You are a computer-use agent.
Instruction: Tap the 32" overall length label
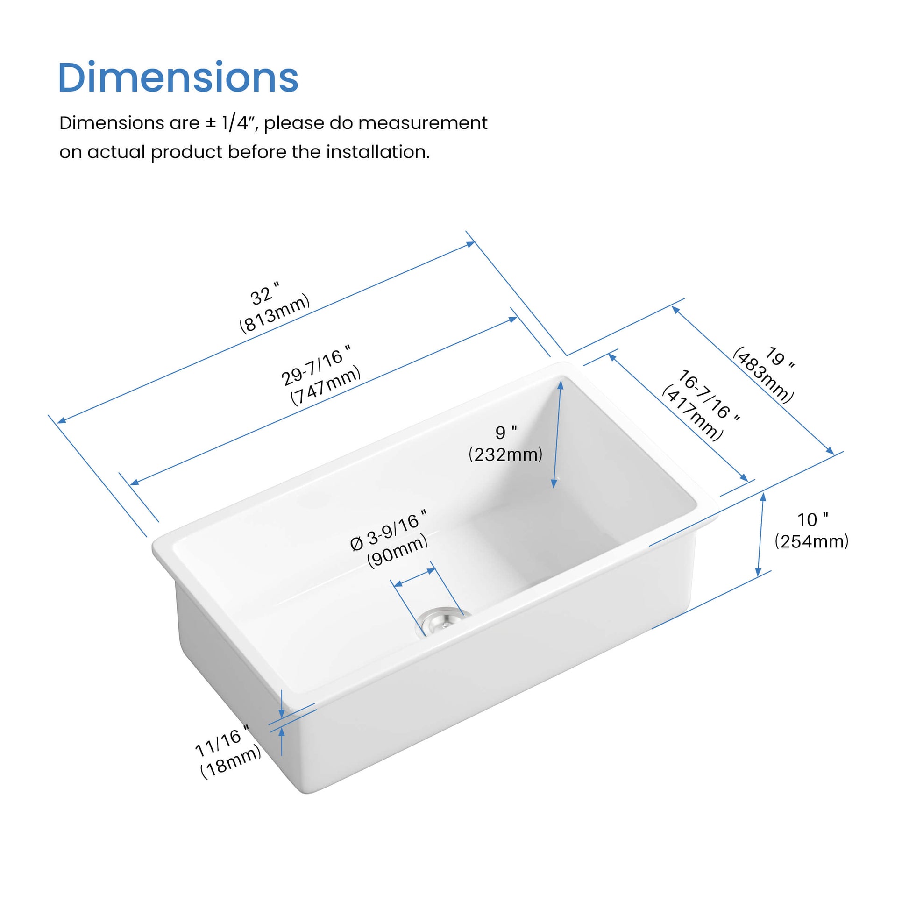[265, 294]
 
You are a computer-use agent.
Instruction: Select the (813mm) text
[275, 313]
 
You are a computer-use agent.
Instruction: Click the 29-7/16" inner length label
[316, 366]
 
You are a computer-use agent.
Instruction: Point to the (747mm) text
[326, 385]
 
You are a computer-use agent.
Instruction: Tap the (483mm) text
[763, 375]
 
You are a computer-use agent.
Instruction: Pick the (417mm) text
[692, 413]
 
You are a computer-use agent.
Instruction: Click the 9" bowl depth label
[506, 432]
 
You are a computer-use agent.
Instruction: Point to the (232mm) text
[505, 454]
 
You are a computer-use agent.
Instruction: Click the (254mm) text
[812, 541]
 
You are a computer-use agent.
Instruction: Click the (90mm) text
[398, 551]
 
